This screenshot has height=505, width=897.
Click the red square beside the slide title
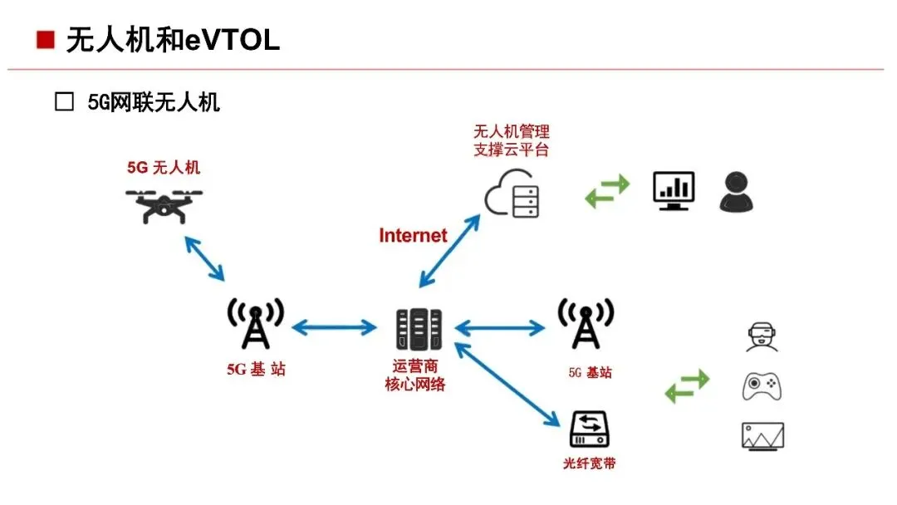coord(46,39)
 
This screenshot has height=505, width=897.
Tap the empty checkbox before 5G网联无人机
coord(64,103)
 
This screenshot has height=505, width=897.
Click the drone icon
coord(164,204)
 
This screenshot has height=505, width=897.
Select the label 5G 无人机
coord(164,168)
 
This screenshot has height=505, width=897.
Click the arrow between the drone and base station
coord(204,257)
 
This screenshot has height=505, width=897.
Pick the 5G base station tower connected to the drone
coord(256,324)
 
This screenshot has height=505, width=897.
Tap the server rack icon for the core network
coord(418,329)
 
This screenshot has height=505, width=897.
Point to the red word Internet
coord(413,236)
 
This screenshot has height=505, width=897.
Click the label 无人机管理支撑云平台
coord(511,141)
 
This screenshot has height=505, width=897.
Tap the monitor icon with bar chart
coord(673,191)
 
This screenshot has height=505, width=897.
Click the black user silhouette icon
coord(738,192)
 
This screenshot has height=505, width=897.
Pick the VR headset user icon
coord(762,337)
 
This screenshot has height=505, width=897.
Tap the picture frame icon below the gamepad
coord(762,435)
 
